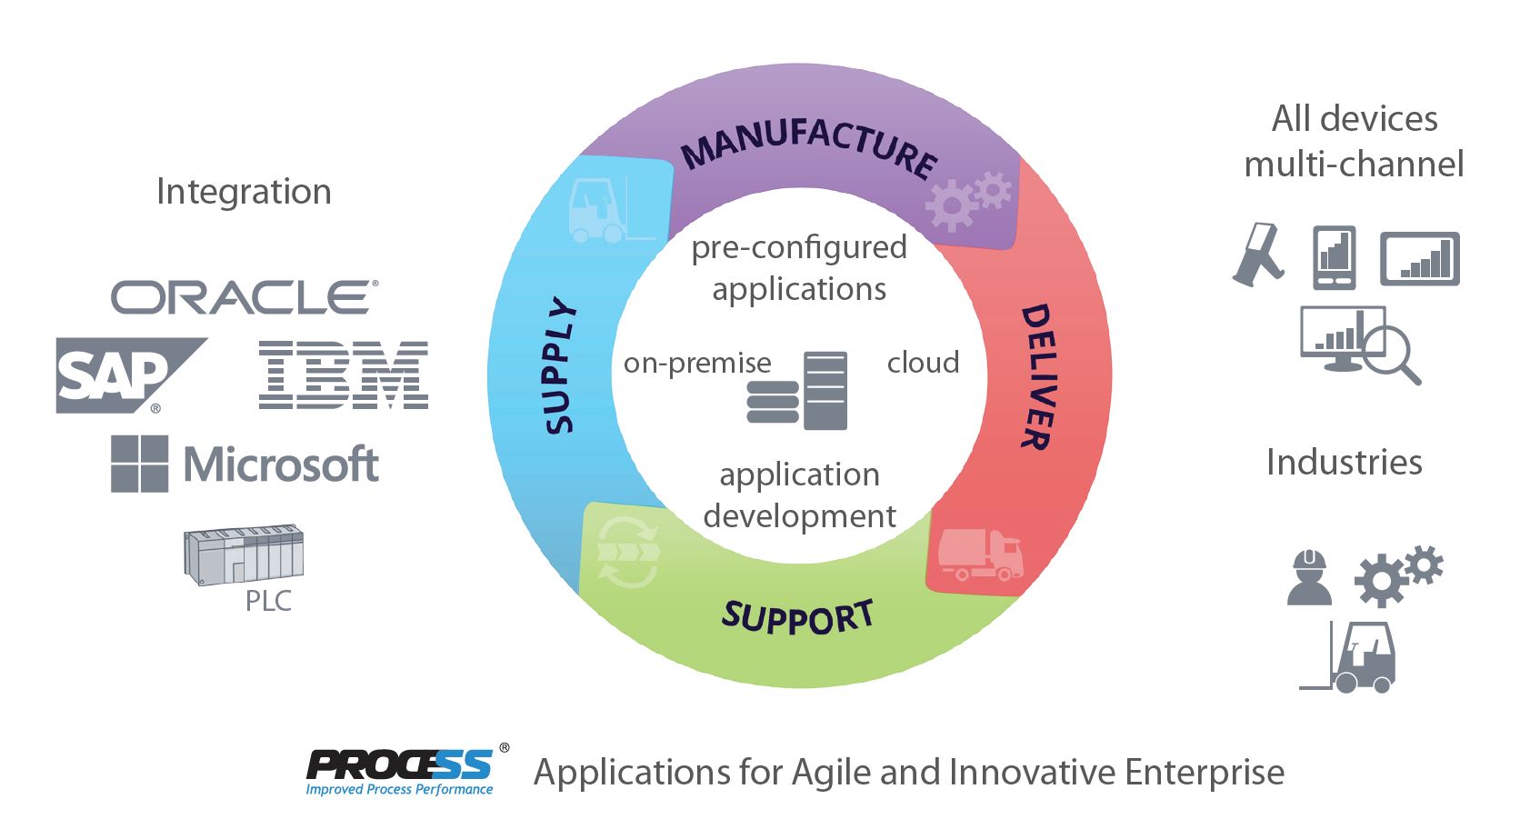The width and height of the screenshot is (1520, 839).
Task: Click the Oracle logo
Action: pos(244,298)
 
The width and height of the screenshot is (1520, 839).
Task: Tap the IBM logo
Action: pos(343,375)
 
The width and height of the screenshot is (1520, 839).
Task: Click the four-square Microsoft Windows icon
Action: pos(139,464)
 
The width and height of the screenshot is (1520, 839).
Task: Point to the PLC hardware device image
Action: pos(243,554)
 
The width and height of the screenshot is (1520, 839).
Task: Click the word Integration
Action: pos(244,192)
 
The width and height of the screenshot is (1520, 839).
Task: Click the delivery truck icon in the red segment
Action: pos(980,554)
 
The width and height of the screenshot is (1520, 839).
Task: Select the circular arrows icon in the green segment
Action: pos(627,552)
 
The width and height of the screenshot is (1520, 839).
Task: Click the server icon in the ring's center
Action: pos(797,391)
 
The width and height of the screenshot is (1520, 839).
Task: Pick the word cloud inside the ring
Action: pos(923,363)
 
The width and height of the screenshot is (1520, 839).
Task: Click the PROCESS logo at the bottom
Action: pos(400,771)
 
